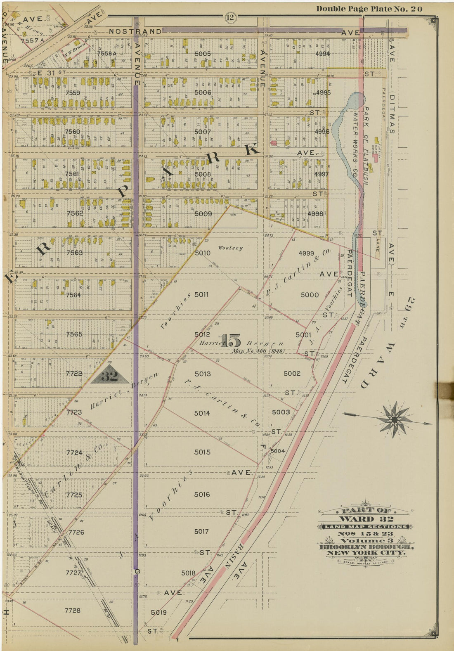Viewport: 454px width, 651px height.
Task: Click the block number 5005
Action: click(203, 54)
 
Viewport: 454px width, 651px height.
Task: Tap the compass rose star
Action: click(394, 419)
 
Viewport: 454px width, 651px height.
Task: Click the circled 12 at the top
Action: click(230, 17)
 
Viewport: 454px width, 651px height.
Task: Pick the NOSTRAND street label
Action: click(135, 31)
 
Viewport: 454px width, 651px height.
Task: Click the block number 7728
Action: click(73, 610)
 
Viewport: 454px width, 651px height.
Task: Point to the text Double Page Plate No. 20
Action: click(369, 9)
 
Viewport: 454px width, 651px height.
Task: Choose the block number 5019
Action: click(159, 612)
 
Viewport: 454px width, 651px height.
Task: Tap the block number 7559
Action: click(73, 93)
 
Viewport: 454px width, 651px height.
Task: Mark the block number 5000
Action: click(310, 294)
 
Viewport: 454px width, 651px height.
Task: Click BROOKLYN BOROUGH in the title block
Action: click(365, 547)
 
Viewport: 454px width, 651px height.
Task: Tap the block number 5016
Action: click(202, 494)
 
